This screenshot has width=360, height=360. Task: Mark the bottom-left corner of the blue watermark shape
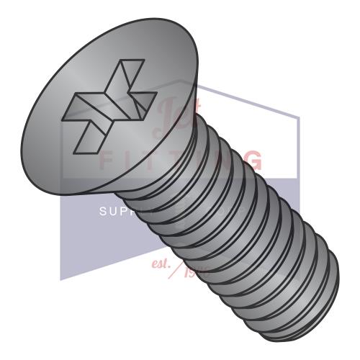point(61,279)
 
